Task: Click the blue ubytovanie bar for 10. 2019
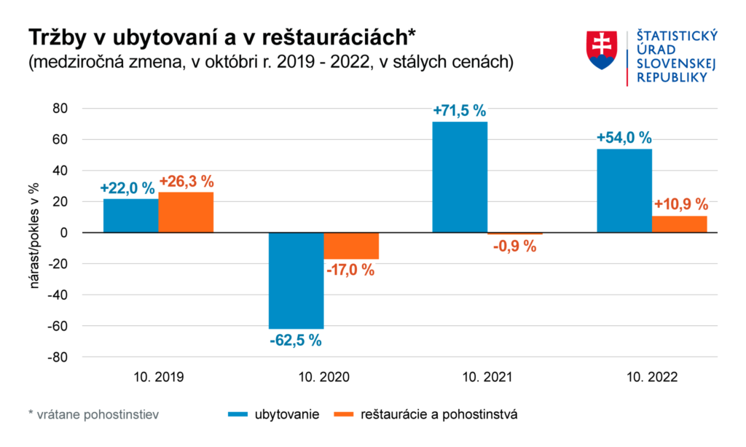pos(130,215)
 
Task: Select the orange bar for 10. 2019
pos(186,212)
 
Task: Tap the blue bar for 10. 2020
pos(296,280)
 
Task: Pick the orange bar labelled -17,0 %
pos(351,246)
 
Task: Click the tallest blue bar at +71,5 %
pos(460,177)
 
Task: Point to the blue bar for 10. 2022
pos(624,190)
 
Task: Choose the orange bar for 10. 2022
pos(679,224)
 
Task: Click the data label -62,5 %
pos(295,340)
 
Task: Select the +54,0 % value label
pos(624,138)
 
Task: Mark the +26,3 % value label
pos(186,182)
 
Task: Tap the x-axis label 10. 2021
pos(488,378)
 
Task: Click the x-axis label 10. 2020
pos(323,378)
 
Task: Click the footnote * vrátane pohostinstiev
pos(93,415)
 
